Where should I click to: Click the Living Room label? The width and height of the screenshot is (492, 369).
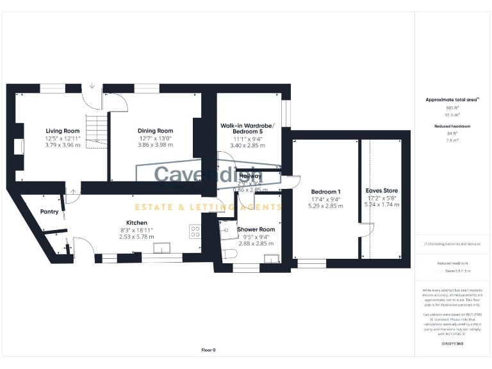click(x=62, y=131)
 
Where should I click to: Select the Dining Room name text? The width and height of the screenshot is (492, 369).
click(x=156, y=131)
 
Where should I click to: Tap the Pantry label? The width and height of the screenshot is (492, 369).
click(x=49, y=211)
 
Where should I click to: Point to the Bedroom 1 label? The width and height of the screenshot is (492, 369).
click(x=325, y=192)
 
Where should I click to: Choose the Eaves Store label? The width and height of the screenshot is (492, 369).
click(x=381, y=190)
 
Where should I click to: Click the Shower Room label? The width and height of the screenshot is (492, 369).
click(x=256, y=229)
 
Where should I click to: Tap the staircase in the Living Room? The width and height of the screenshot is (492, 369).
click(x=97, y=131)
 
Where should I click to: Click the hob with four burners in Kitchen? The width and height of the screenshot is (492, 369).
click(x=195, y=232)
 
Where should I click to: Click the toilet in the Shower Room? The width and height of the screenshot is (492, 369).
click(x=229, y=254)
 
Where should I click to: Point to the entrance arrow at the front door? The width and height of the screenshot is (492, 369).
click(x=92, y=86)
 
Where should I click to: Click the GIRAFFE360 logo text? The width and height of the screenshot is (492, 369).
click(x=452, y=345)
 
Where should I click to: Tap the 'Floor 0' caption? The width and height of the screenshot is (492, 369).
click(x=208, y=350)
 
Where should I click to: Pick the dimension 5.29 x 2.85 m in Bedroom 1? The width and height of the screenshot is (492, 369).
click(x=325, y=206)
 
